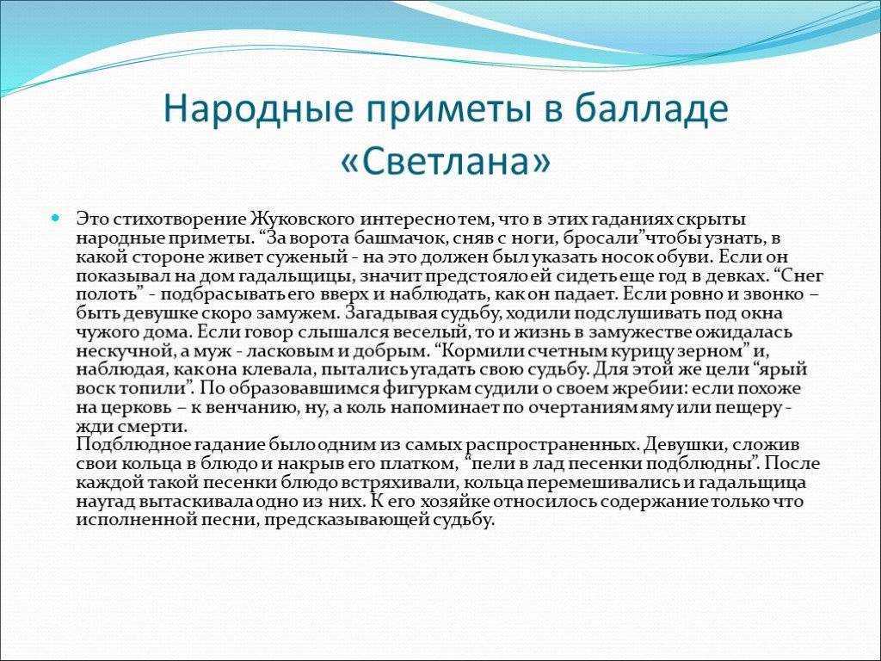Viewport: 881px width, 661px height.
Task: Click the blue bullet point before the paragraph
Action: click(55, 218)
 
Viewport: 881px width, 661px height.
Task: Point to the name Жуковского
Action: click(302, 219)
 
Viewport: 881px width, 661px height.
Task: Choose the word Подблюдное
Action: click(133, 445)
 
